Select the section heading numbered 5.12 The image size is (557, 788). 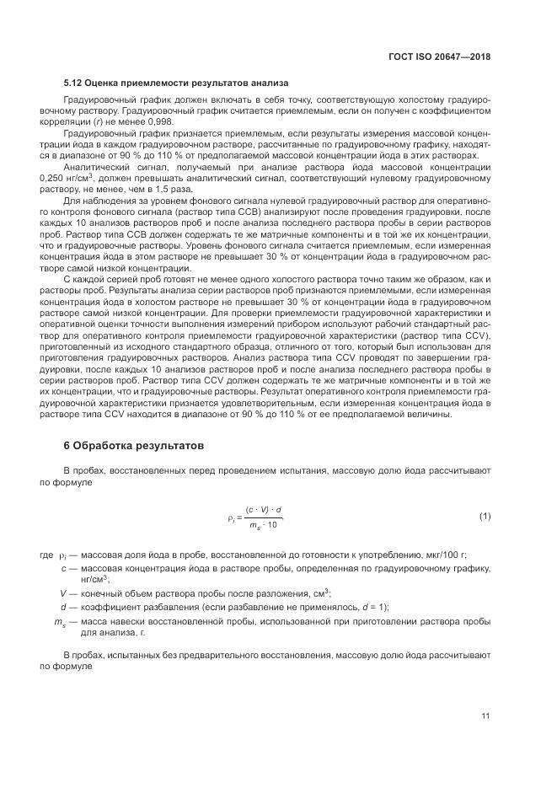176,83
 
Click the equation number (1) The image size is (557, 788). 485,515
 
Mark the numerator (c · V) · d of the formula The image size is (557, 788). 264,509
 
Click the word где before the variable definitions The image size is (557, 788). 46,556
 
